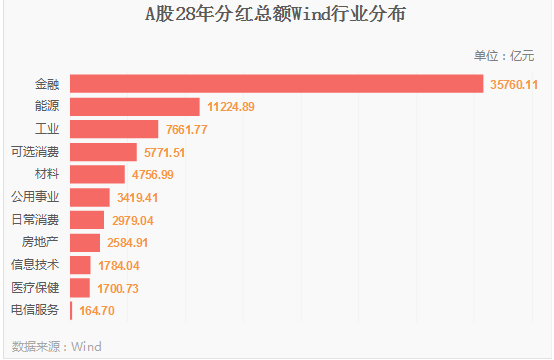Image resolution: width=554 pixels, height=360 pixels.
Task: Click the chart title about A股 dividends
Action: click(x=275, y=14)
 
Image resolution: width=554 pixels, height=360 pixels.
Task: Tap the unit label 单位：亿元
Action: click(x=504, y=56)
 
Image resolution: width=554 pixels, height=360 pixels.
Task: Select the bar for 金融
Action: click(x=277, y=84)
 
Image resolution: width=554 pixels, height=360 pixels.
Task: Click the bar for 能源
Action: click(x=135, y=107)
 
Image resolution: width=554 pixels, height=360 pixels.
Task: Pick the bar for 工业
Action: click(x=114, y=129)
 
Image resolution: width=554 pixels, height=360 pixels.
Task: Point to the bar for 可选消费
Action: click(x=103, y=152)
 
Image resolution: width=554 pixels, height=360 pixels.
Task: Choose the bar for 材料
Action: click(x=97, y=175)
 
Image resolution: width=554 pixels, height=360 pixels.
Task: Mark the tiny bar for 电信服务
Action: click(x=71, y=311)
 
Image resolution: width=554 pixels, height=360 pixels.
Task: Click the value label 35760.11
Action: click(x=514, y=85)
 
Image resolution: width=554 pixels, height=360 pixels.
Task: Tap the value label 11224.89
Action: click(x=230, y=107)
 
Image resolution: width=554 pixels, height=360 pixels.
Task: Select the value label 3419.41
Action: click(x=137, y=197)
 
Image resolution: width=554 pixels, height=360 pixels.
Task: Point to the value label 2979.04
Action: click(x=133, y=221)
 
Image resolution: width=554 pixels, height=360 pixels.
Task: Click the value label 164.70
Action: click(x=97, y=311)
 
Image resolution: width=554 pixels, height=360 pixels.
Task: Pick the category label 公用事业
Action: click(x=35, y=197)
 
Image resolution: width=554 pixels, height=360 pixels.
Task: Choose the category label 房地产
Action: click(x=40, y=242)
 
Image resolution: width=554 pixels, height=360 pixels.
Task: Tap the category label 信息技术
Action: click(x=35, y=265)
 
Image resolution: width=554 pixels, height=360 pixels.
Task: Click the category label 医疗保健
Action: click(x=35, y=288)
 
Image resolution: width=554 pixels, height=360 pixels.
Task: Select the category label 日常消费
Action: click(x=35, y=220)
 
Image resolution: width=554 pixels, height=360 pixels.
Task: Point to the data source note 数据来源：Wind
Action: click(x=57, y=347)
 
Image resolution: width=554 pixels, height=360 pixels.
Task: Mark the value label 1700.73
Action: click(x=118, y=289)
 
